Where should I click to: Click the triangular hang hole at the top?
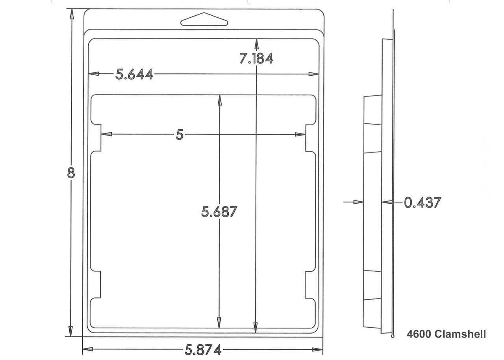[204, 19]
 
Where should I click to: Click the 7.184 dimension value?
[256, 59]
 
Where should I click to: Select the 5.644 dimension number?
[134, 74]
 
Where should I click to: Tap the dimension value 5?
[180, 135]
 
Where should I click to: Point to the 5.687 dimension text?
[219, 212]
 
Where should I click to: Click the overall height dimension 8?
[71, 173]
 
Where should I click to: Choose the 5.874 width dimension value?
[203, 350]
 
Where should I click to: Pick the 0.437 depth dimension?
[422, 202]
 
